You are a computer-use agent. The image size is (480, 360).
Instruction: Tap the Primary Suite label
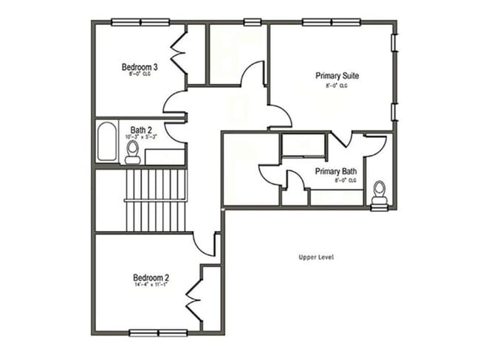337,76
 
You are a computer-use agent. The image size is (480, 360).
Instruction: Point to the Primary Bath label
336,172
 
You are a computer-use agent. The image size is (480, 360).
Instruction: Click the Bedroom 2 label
151,277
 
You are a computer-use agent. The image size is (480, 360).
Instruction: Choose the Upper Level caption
317,257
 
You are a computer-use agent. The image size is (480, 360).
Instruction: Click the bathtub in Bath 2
106,142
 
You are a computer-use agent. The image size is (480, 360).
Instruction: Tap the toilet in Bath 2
133,151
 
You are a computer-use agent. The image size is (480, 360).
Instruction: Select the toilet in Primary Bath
380,193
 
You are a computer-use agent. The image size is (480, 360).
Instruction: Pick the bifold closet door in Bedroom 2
194,298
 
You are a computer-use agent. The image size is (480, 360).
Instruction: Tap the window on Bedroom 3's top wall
140,22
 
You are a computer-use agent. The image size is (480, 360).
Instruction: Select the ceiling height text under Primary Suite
337,86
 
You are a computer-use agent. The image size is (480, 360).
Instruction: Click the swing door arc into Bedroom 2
205,244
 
